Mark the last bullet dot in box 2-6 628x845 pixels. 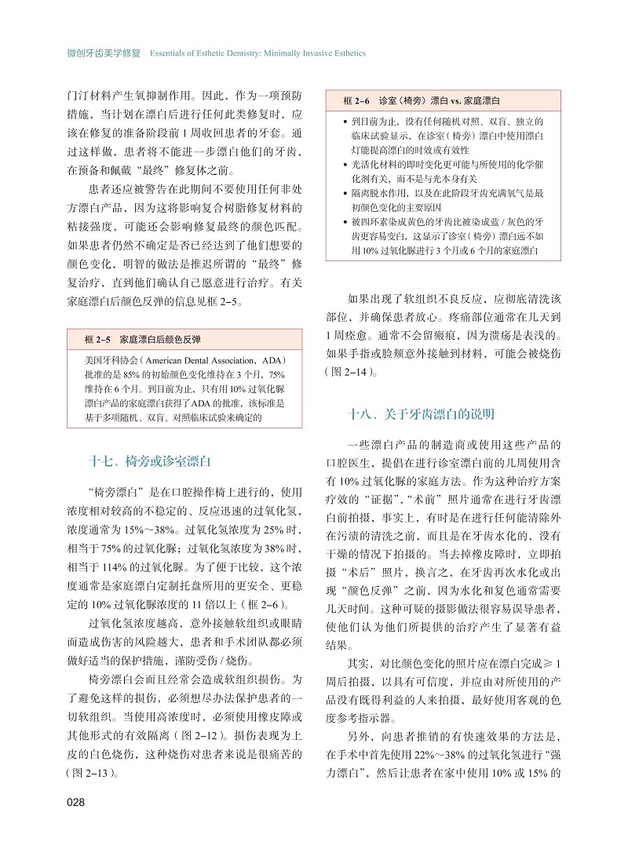coord(346,222)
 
